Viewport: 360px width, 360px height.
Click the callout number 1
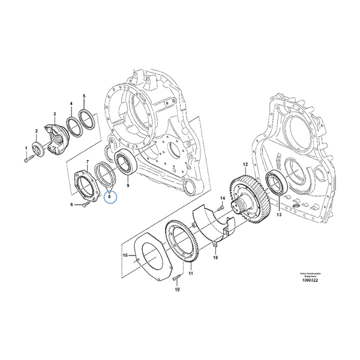click(x=26, y=148)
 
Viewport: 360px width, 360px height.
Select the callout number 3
click(x=54, y=113)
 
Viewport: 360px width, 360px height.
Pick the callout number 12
click(x=245, y=163)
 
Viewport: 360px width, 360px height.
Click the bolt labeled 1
click(x=29, y=160)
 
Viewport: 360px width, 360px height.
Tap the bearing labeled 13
click(x=277, y=182)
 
